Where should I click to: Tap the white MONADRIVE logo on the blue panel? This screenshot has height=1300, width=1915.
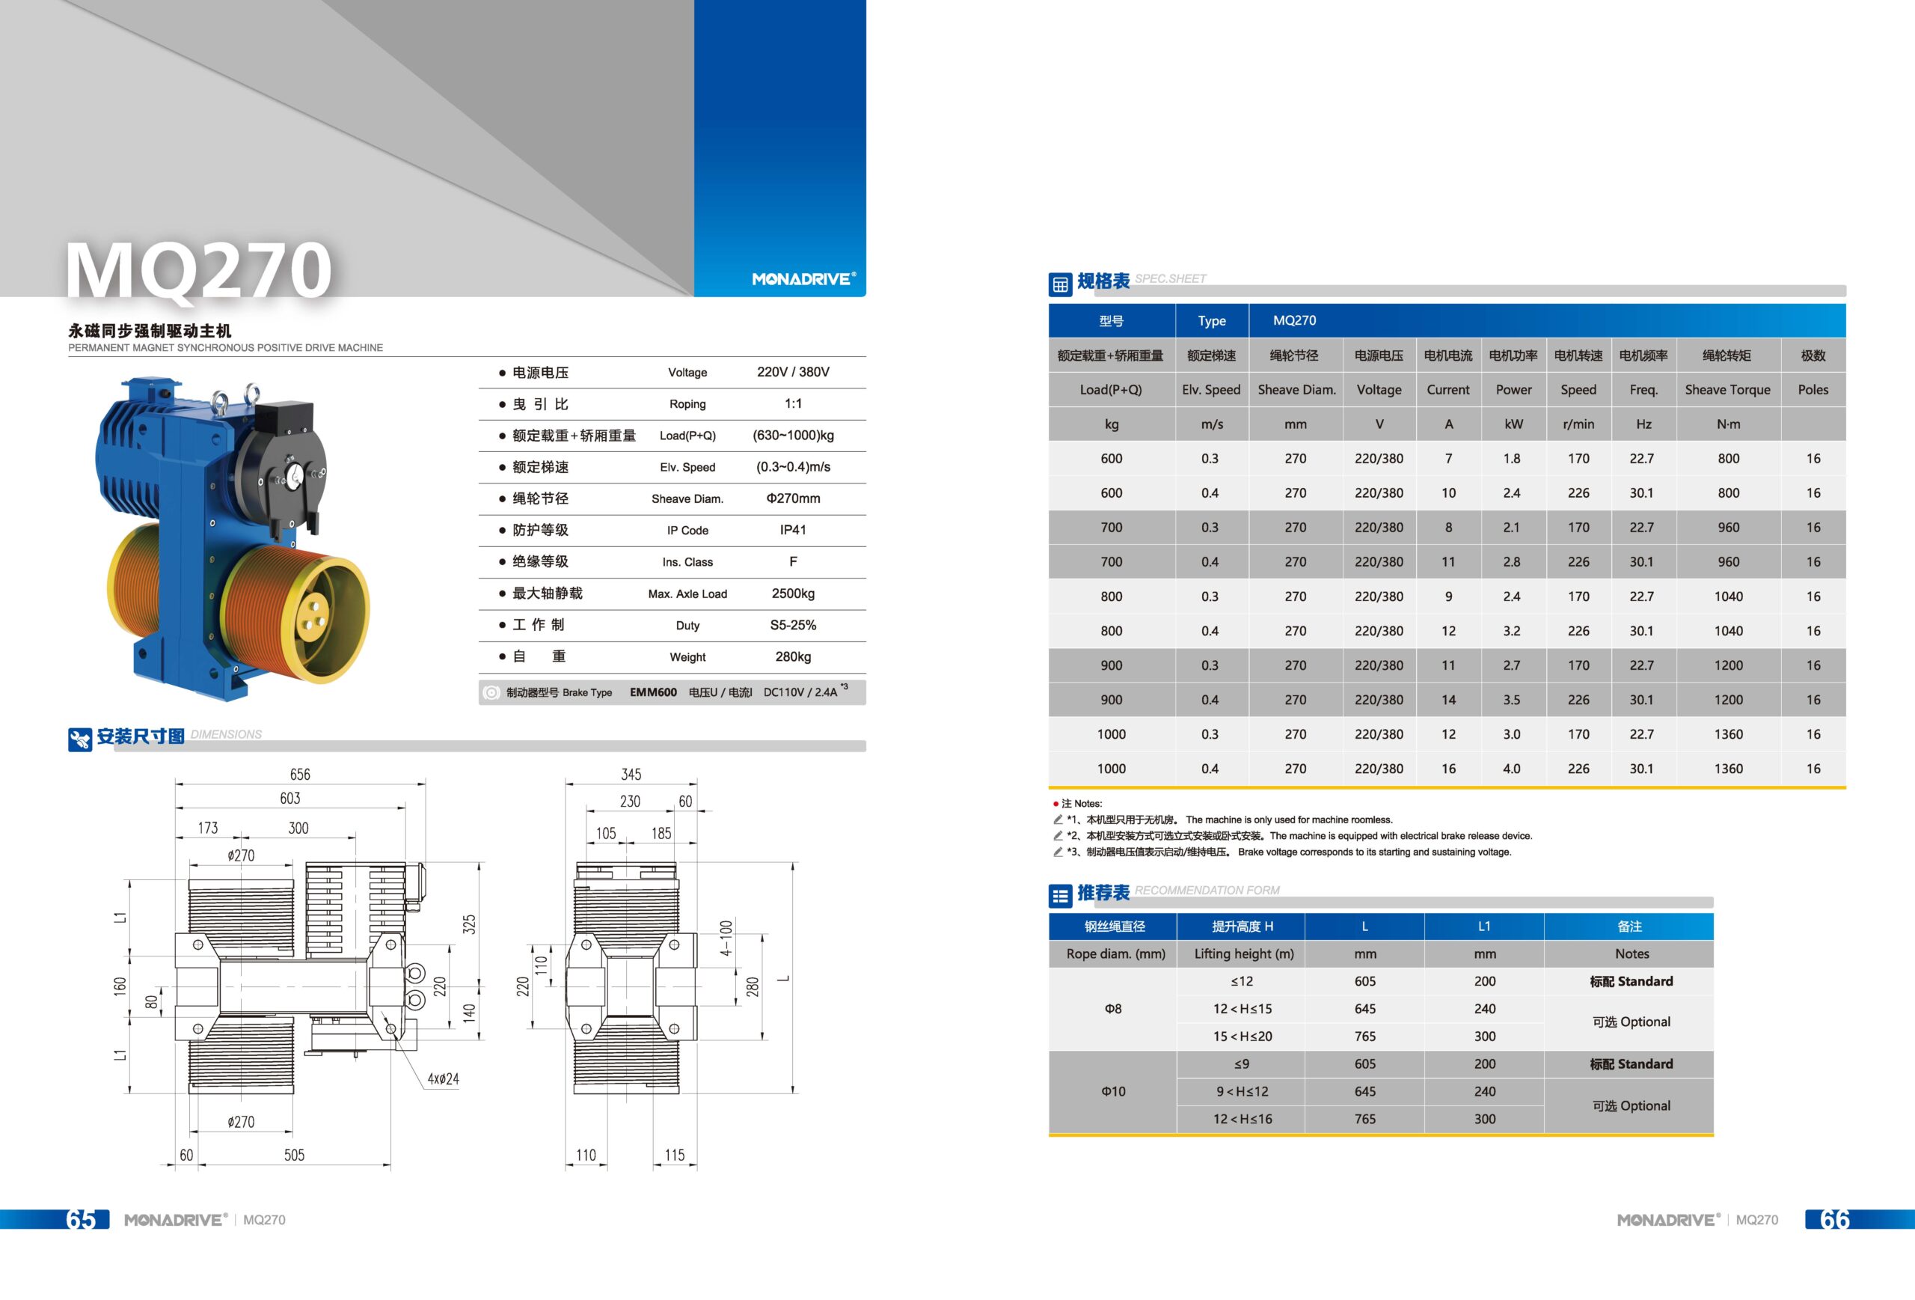tap(803, 279)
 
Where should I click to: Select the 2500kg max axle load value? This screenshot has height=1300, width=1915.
tap(793, 593)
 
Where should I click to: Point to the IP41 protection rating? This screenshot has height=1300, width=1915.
tap(793, 530)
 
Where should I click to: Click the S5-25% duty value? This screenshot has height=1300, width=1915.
tap(793, 625)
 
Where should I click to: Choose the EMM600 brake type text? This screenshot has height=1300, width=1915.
tap(654, 692)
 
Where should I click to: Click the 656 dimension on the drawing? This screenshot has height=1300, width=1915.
tap(300, 774)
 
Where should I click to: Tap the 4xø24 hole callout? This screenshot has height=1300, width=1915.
tap(444, 1079)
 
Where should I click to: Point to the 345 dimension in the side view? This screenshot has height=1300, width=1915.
tap(631, 774)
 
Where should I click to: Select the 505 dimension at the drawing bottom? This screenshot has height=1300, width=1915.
tap(294, 1155)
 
